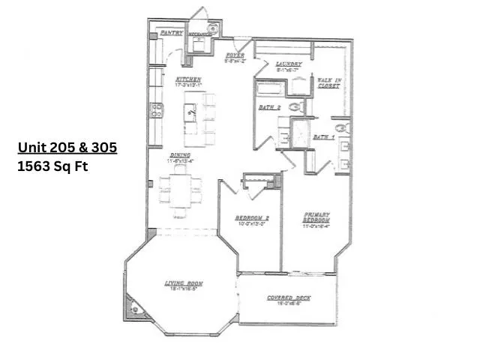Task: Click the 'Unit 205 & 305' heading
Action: pyautogui.click(x=67, y=148)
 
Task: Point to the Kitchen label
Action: pyautogui.click(x=187, y=79)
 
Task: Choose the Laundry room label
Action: pyautogui.click(x=288, y=64)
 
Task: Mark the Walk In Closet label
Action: pyautogui.click(x=328, y=82)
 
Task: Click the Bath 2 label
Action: pyautogui.click(x=269, y=108)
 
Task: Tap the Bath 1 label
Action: pyautogui.click(x=323, y=137)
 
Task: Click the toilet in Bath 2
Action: pyautogui.click(x=295, y=107)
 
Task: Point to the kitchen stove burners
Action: pyautogui.click(x=157, y=111)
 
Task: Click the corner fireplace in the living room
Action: pyautogui.click(x=134, y=307)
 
